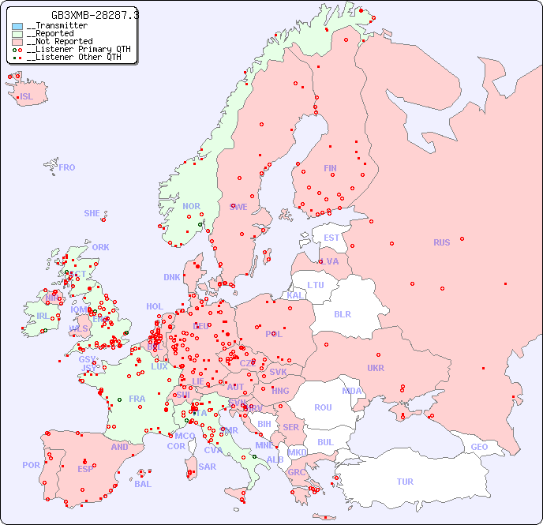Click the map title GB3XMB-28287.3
click(95, 15)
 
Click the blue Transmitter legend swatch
click(17, 26)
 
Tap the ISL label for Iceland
click(27, 97)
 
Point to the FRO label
click(67, 167)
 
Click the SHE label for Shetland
click(92, 213)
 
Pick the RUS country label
click(441, 242)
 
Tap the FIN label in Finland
click(330, 168)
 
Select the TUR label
click(405, 482)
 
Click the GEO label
click(479, 447)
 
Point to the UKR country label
click(376, 368)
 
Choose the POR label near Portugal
click(31, 465)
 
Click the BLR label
click(342, 313)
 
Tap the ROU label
click(323, 407)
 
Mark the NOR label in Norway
click(192, 206)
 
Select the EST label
click(331, 238)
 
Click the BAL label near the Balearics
click(143, 484)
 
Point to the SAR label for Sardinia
click(208, 467)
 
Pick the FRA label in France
click(137, 399)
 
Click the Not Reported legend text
click(59, 41)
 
